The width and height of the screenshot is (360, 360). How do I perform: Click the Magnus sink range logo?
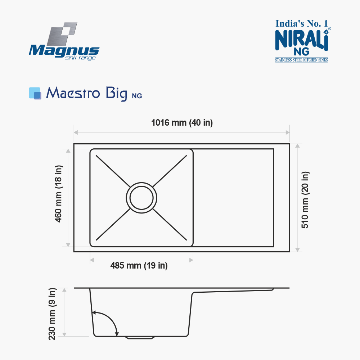[64, 41]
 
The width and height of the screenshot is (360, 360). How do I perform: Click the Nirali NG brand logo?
[303, 41]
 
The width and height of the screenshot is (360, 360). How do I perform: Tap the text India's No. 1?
[301, 24]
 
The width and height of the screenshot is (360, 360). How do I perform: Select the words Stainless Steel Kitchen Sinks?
[301, 60]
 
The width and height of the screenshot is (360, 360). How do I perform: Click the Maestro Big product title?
[86, 93]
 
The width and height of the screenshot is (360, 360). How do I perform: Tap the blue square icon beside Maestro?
[35, 93]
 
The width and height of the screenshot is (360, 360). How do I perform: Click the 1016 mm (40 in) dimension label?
[182, 123]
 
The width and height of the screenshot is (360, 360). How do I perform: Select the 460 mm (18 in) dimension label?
[58, 194]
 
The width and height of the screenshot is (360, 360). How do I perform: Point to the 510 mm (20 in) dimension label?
[305, 200]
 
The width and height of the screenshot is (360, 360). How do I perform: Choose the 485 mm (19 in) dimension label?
[139, 266]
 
